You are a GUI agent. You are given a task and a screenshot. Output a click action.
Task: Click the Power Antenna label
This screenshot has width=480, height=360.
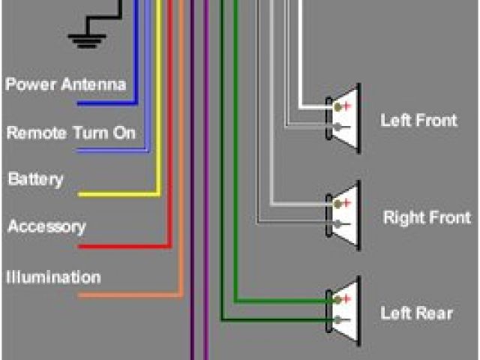point(66,84)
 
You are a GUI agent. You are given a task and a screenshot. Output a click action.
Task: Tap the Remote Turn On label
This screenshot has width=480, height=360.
point(71,133)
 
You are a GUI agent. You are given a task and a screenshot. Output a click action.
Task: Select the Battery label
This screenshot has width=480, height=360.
point(35,180)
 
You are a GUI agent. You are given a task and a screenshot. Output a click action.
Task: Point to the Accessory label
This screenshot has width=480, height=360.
point(46,226)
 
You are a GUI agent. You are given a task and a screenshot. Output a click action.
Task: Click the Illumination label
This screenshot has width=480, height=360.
point(53,277)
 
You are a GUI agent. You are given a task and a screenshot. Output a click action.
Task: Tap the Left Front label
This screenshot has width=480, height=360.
point(418,120)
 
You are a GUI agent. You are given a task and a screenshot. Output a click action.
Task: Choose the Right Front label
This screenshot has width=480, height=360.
point(427,218)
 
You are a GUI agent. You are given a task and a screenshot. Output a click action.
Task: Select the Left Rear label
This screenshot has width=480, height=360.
point(416,313)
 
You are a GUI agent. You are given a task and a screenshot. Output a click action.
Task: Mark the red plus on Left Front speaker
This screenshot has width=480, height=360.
point(346,106)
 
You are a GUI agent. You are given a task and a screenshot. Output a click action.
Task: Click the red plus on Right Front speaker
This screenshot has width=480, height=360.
point(346,203)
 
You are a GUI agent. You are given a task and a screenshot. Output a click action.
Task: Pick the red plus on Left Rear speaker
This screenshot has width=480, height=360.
point(346,300)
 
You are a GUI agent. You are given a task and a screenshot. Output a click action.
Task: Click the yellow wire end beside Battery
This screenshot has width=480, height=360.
point(81,194)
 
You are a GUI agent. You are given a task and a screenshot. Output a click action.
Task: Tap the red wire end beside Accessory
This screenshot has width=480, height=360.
point(81,245)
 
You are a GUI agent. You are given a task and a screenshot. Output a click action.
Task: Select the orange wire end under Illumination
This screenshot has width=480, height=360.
point(81,295)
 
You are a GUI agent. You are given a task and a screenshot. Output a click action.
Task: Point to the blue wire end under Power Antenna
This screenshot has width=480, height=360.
point(79,103)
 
